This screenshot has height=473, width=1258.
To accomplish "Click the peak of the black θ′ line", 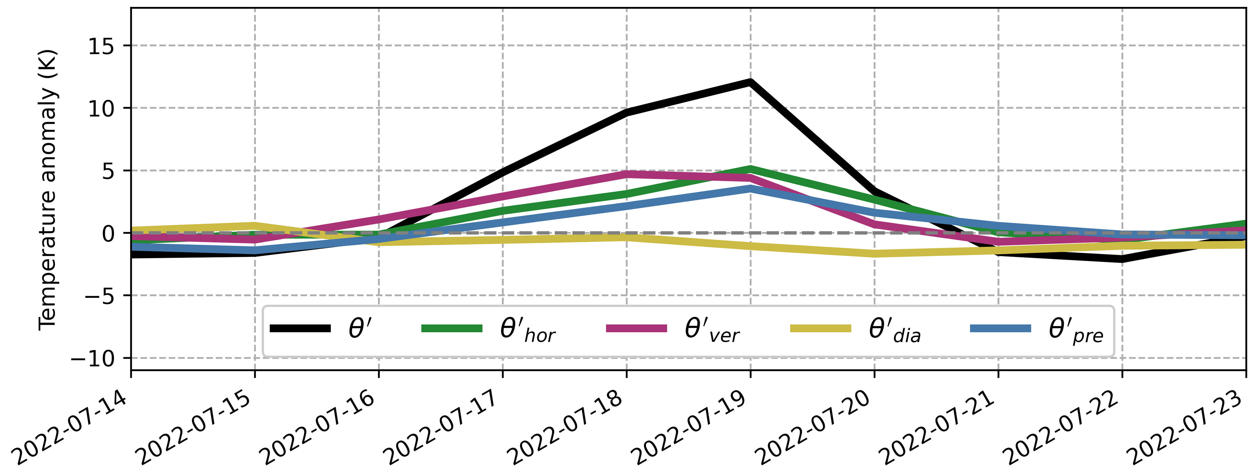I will click(x=750, y=82).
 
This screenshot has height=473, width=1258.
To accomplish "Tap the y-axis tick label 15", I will click(x=101, y=46).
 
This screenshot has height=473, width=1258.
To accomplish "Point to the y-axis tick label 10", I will click(x=101, y=108).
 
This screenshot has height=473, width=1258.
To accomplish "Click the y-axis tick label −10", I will click(x=93, y=359).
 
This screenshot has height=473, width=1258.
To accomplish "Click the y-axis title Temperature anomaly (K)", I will click(x=48, y=189).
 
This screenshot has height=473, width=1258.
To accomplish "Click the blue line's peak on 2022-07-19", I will click(x=750, y=188).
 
